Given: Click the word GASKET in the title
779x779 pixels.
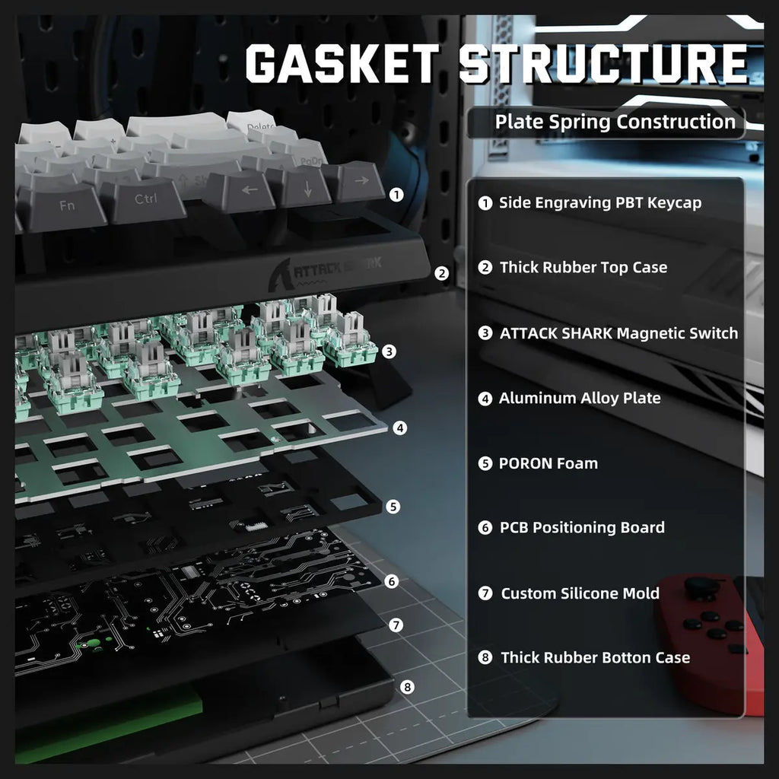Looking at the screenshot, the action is pos(343,63).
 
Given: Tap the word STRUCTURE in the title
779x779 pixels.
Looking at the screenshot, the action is pos(603,63).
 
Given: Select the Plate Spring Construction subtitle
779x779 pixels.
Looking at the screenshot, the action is pos(615,122).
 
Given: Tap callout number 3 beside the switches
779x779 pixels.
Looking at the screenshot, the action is pos(389,351).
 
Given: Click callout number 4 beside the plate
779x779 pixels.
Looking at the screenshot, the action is pos(399,428).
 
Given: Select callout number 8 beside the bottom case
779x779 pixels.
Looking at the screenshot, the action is pos(407,687).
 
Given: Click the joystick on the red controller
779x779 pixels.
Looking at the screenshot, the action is pos(697,587).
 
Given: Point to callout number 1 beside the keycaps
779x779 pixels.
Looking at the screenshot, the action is pos(396,195).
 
